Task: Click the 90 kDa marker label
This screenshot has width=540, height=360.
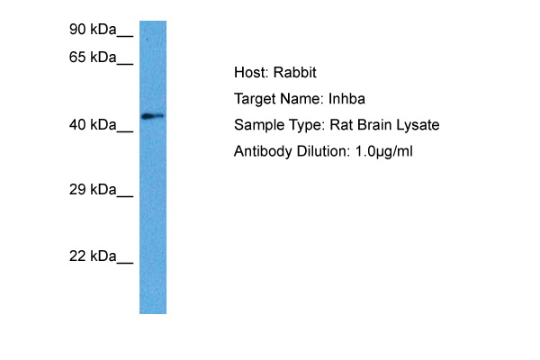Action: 94,31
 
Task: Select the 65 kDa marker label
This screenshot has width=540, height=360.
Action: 94,58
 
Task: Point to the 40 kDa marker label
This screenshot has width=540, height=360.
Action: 94,125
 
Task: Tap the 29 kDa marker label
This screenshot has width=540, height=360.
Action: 94,190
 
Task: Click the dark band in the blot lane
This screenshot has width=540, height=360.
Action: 152,116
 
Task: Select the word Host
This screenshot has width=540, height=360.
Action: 249,73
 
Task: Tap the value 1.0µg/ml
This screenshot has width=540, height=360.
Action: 381,151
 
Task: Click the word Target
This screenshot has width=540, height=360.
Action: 254,99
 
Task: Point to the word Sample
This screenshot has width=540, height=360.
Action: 256,125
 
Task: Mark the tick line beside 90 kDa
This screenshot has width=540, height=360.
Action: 125,37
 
